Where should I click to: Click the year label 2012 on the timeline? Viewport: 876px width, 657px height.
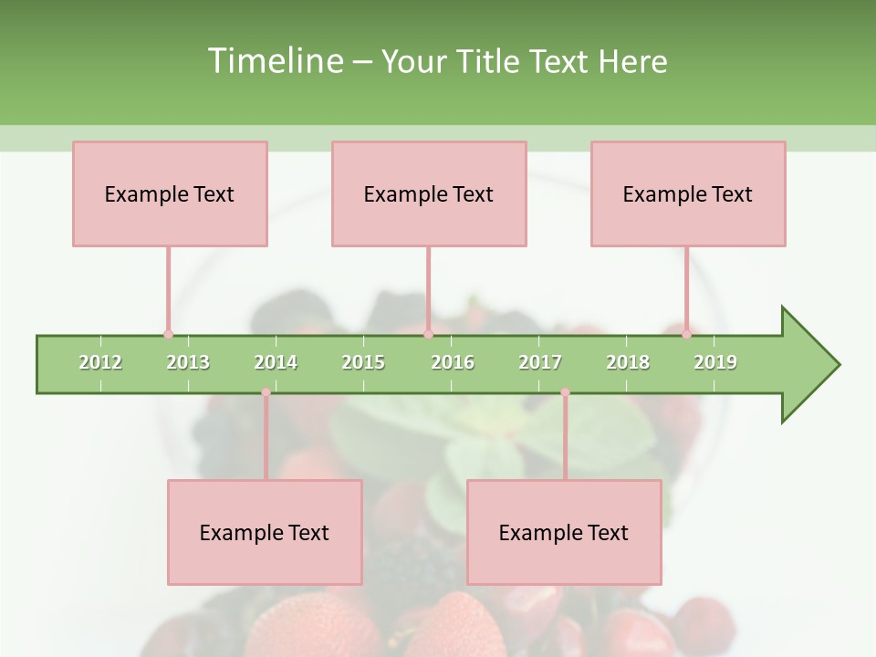tap(100, 362)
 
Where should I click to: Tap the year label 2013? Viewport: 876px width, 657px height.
tap(188, 362)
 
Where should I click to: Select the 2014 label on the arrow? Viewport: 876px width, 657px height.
tap(276, 362)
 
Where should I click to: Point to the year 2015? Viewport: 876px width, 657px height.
tap(363, 362)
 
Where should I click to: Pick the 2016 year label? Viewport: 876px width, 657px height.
tap(453, 362)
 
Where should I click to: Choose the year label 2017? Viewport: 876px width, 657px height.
tap(540, 362)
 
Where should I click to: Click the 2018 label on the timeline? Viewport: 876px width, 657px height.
tap(628, 362)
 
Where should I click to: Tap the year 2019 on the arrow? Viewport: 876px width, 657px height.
tap(715, 362)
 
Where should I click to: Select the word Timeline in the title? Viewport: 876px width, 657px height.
tap(274, 61)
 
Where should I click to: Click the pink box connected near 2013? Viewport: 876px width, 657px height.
tap(170, 193)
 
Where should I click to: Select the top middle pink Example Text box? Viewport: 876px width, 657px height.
tap(429, 193)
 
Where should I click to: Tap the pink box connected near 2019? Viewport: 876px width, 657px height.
tap(688, 193)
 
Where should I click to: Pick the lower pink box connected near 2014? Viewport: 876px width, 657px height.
tap(265, 532)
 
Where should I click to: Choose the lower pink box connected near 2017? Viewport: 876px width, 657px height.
tap(564, 532)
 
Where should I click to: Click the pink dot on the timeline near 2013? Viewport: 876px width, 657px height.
tap(168, 335)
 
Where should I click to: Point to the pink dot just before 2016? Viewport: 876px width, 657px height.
tap(428, 335)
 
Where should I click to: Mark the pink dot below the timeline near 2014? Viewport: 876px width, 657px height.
tap(266, 392)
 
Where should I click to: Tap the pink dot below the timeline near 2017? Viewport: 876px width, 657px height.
tap(565, 392)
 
